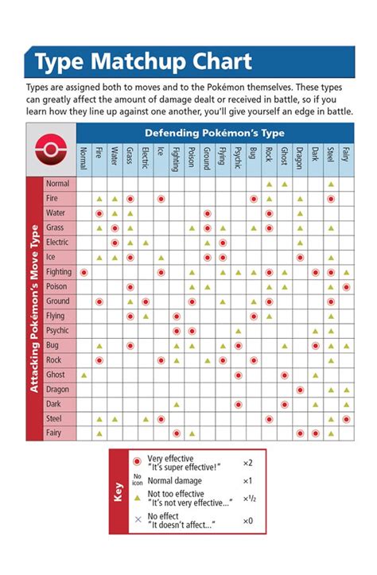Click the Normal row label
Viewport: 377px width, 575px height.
[x=58, y=184]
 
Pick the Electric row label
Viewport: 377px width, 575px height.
[x=58, y=243]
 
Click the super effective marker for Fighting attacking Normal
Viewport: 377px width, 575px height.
[x=84, y=272]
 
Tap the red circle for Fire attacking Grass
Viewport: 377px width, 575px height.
[x=130, y=199]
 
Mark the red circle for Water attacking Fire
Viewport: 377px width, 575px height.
[x=99, y=213]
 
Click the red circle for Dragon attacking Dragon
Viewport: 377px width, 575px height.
[x=300, y=389]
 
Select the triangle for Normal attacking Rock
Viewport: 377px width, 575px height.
[x=269, y=184]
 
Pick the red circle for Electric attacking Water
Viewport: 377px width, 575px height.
[x=115, y=243]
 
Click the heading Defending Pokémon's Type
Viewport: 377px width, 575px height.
[x=215, y=133]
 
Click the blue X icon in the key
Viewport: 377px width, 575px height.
[x=137, y=519]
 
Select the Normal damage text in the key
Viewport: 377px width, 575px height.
[x=175, y=480]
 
